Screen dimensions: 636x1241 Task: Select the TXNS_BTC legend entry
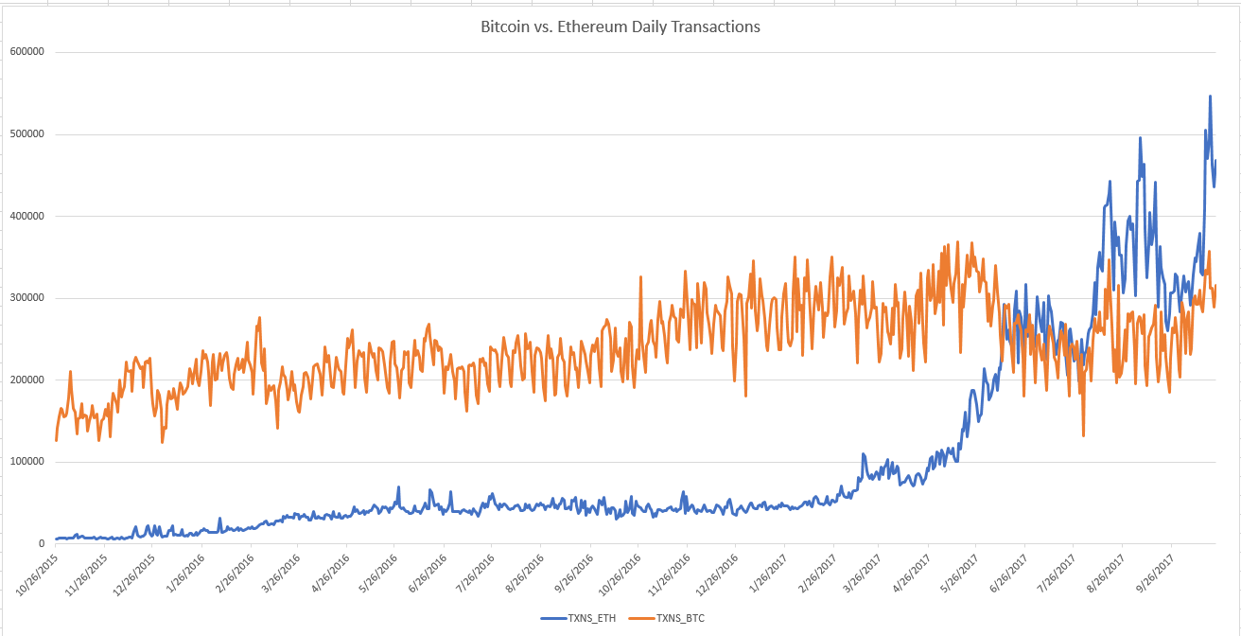[x=679, y=618]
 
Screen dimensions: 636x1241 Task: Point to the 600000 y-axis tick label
[x=28, y=52]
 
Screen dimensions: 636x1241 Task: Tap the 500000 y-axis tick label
[x=28, y=134]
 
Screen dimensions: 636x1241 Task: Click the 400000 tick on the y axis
[x=28, y=216]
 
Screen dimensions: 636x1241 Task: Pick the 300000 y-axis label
[x=28, y=298]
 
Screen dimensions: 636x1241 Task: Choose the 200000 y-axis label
[x=28, y=380]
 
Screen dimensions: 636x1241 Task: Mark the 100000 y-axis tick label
[x=28, y=462]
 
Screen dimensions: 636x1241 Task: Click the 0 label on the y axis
[x=42, y=544]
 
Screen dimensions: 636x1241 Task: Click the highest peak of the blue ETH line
[x=1210, y=97]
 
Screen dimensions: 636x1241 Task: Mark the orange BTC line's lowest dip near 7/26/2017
[x=1083, y=435]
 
